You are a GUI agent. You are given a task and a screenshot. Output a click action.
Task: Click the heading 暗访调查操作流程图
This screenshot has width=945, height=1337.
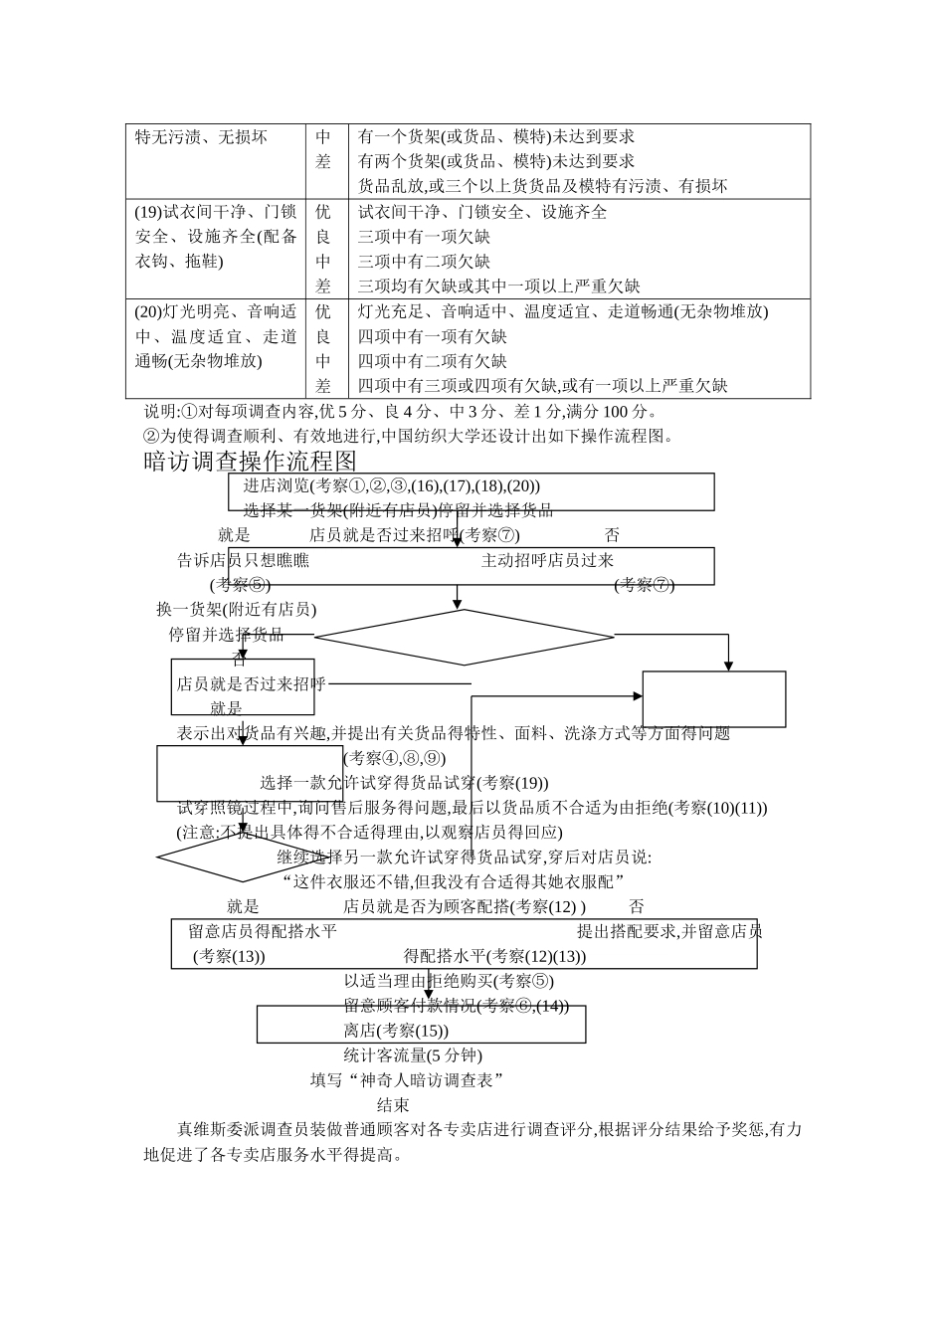[250, 461]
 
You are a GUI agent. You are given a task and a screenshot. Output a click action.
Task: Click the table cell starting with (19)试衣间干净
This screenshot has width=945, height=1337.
[216, 237]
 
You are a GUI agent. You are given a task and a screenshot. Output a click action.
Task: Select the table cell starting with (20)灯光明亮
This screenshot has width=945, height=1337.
[216, 336]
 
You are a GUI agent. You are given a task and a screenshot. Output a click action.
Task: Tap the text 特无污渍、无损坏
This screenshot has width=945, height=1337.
[201, 137]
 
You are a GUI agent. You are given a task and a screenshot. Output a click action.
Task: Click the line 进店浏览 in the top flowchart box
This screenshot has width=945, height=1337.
[392, 485]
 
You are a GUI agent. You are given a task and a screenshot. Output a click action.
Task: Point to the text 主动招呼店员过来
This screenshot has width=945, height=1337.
[547, 560]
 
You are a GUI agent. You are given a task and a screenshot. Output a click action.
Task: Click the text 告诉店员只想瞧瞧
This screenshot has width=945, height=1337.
[243, 560]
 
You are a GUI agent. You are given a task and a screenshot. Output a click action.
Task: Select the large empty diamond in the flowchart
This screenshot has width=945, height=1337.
[464, 637]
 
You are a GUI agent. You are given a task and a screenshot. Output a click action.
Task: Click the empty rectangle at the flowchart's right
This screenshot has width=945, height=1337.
[713, 699]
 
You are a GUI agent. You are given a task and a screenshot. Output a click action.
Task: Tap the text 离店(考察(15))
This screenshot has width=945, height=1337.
[396, 1031]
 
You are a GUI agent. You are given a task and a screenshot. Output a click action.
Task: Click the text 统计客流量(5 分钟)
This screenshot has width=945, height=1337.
[413, 1055]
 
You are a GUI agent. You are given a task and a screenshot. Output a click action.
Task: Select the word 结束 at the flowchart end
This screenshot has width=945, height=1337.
[393, 1104]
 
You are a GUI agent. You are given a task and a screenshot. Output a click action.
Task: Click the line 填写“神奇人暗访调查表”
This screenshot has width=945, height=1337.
[407, 1080]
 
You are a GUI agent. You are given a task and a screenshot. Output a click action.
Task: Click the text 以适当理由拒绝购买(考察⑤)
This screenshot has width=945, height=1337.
[449, 981]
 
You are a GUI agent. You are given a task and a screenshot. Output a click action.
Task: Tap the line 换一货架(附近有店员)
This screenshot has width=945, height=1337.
[236, 610]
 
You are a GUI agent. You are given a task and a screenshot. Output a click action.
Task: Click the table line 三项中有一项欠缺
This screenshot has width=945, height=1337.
[424, 237]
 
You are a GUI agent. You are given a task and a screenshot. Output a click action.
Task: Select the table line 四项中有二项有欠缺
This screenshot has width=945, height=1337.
[432, 361]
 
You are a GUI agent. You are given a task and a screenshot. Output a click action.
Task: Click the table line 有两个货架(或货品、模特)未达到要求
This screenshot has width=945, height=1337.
[495, 161]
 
